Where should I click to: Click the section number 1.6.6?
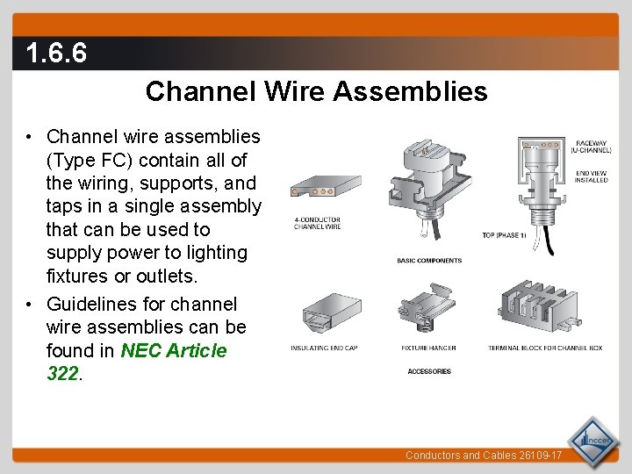(x=56, y=54)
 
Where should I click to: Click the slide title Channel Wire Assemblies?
(x=316, y=91)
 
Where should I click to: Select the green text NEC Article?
(x=174, y=350)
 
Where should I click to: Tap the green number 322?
(x=63, y=373)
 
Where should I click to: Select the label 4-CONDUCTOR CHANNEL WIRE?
(x=317, y=224)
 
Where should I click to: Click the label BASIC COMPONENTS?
(x=429, y=261)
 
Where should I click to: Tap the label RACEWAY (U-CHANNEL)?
(x=591, y=147)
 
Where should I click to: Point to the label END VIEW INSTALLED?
(x=591, y=176)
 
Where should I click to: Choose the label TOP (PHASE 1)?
(x=502, y=235)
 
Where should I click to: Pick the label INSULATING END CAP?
(x=324, y=348)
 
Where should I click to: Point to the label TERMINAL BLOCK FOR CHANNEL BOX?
(x=545, y=348)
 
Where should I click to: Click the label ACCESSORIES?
(x=429, y=371)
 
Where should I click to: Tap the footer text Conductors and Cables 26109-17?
(x=483, y=456)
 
